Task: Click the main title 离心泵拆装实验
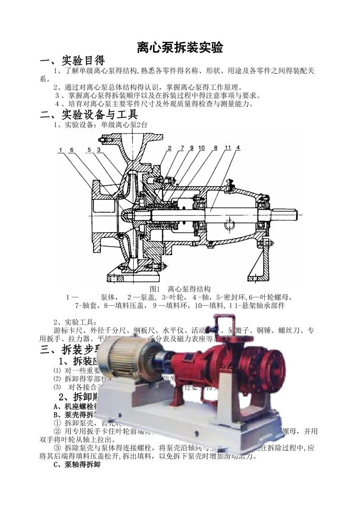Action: tap(180, 48)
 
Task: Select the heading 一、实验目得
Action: tap(72, 60)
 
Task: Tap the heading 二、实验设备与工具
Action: tap(89, 114)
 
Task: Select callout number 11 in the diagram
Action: tap(228, 148)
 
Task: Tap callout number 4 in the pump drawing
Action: tap(238, 148)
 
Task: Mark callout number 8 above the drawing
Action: tap(215, 148)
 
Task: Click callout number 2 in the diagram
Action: tap(170, 148)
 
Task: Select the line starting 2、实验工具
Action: tap(72, 322)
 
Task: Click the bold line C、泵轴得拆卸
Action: tap(78, 464)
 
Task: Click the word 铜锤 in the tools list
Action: tap(263, 330)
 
